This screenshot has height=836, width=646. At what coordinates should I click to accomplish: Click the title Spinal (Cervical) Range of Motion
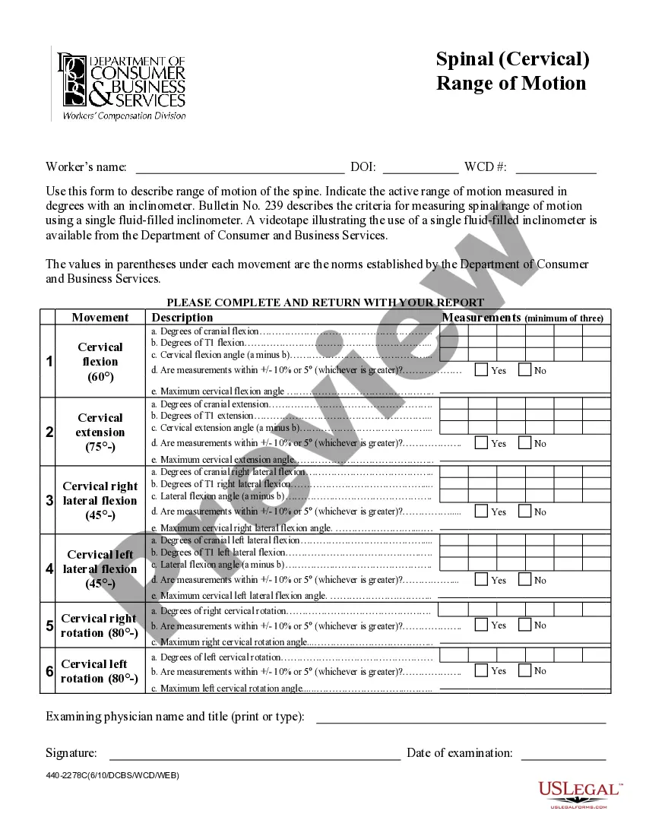point(512,71)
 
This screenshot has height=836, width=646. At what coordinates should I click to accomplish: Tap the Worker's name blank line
point(239,168)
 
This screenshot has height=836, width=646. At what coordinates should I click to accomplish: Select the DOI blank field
point(420,168)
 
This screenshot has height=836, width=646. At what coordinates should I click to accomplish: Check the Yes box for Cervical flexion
point(481,370)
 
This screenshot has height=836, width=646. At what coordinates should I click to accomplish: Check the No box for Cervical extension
point(524,443)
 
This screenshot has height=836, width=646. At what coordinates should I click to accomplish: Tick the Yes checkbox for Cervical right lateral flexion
point(481,511)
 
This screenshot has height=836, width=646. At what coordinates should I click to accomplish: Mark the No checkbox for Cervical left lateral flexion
point(524,580)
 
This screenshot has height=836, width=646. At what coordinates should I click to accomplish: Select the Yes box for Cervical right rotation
point(481,625)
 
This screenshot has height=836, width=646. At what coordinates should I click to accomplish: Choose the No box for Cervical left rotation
point(524,670)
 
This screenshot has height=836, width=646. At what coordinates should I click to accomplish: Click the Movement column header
point(100,318)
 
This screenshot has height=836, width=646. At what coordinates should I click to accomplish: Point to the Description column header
point(182,318)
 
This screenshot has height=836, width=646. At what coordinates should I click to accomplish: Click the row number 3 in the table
point(49,500)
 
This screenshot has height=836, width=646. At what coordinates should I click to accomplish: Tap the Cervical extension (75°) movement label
point(100,432)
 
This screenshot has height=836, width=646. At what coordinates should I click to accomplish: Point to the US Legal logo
point(580,793)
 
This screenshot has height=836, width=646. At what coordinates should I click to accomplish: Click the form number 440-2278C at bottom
point(112,775)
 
